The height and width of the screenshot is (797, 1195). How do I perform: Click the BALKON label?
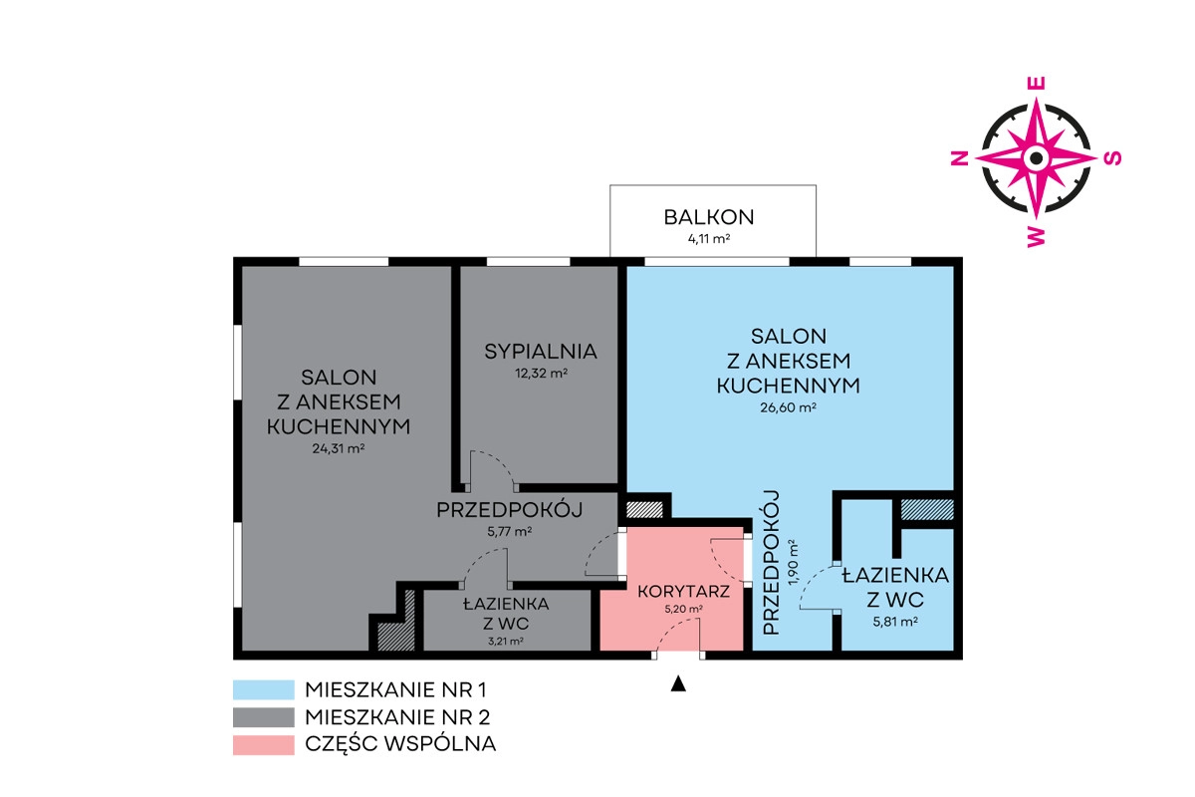pyautogui.click(x=708, y=217)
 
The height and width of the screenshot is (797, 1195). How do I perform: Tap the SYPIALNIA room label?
pyautogui.click(x=541, y=352)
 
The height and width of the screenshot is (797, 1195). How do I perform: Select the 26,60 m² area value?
pyautogui.click(x=788, y=407)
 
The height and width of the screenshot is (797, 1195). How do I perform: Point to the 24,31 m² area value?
pyautogui.click(x=339, y=448)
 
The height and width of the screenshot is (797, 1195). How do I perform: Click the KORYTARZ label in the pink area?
pyautogui.click(x=683, y=592)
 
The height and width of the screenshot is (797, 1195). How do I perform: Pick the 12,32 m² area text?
pyautogui.click(x=541, y=374)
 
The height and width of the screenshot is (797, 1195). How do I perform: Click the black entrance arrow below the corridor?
pyautogui.click(x=678, y=683)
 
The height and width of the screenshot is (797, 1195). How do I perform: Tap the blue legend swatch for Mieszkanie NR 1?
pyautogui.click(x=264, y=689)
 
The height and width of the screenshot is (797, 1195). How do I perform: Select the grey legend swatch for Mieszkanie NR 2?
pyautogui.click(x=264, y=717)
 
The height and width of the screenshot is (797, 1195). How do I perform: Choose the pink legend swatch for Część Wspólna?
pyautogui.click(x=264, y=744)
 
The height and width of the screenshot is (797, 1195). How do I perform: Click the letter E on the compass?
pyautogui.click(x=1036, y=84)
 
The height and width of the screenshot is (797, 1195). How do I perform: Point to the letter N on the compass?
pyautogui.click(x=960, y=158)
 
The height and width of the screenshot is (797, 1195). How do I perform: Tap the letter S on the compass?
pyautogui.click(x=1112, y=158)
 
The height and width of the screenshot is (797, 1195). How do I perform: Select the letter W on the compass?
pyautogui.click(x=1036, y=236)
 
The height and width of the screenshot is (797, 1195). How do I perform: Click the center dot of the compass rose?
pyautogui.click(x=1036, y=158)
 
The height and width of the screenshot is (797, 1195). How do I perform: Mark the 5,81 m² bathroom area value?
pyautogui.click(x=895, y=622)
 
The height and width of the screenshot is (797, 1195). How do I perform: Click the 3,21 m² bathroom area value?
pyautogui.click(x=505, y=642)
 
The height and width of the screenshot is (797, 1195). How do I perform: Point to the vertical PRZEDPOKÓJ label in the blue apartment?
pyautogui.click(x=772, y=563)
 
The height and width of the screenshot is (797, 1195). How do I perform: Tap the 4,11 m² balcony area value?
pyautogui.click(x=708, y=239)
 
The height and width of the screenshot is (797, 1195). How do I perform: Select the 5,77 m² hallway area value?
pyautogui.click(x=509, y=532)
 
